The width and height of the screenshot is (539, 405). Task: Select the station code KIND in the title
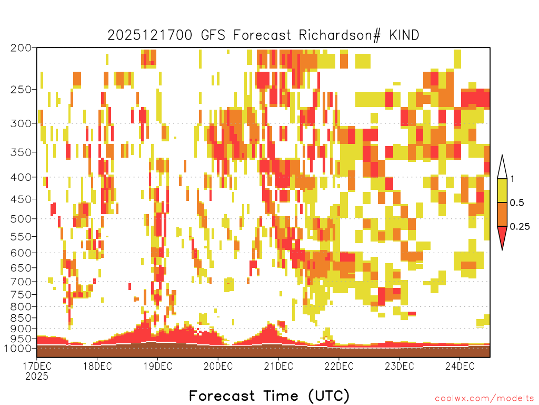point(404,35)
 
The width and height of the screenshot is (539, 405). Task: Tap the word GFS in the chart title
point(213,35)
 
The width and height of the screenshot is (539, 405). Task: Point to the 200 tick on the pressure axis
point(21,48)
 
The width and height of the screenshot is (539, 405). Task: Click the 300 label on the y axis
point(21,123)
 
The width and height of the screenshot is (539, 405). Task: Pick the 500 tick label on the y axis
point(21,219)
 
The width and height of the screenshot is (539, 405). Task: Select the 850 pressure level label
point(21,318)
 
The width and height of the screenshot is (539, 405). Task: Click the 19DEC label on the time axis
point(158,366)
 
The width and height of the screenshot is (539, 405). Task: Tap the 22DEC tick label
point(338,366)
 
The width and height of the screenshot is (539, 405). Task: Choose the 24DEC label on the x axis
point(460,366)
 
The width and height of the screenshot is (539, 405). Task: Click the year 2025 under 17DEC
point(37,377)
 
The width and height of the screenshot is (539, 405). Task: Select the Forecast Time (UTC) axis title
point(269,396)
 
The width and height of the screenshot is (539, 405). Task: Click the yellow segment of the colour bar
point(502,190)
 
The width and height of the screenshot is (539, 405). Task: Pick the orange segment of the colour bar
point(502,214)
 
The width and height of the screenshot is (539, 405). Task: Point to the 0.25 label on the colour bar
point(520,227)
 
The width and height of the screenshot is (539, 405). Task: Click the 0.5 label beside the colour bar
point(517,202)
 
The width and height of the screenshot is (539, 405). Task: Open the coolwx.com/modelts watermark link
point(484,399)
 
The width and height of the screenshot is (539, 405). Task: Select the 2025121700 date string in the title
point(150,35)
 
